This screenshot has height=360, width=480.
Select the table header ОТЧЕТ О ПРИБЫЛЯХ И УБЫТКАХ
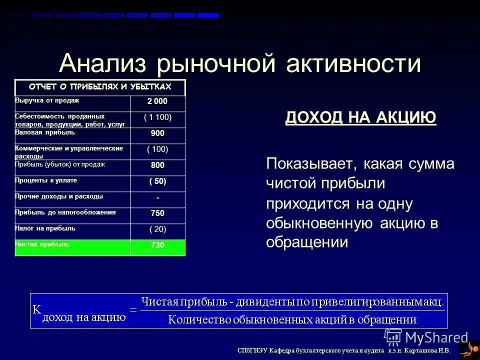[x=100, y=87]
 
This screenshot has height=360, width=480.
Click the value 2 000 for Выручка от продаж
[x=157, y=102]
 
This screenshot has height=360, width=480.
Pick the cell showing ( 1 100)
[x=157, y=118]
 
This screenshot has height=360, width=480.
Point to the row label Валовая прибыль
[x=45, y=132]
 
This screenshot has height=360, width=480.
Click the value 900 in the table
[x=157, y=133]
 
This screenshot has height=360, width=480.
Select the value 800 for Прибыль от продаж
[x=157, y=165]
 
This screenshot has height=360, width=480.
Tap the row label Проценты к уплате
[x=46, y=180]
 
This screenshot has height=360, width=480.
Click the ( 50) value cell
[x=157, y=181]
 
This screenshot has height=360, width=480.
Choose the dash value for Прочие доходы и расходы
[x=157, y=197]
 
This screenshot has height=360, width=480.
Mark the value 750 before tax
[x=157, y=213]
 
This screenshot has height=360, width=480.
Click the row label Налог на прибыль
[x=45, y=228]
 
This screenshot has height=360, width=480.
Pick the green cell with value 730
[x=157, y=245]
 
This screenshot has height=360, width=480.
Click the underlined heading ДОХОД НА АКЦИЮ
[x=360, y=118]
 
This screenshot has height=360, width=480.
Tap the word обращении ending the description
[x=306, y=242]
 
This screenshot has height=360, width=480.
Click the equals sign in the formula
[x=133, y=310]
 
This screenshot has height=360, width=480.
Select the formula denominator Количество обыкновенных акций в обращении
[x=292, y=319]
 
